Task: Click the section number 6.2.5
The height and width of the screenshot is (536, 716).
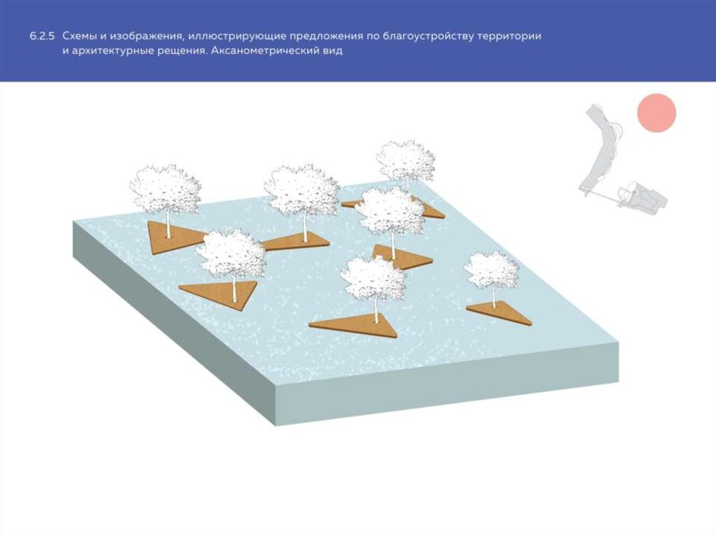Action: pyautogui.click(x=43, y=36)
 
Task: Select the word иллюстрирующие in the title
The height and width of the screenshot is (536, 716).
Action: pyautogui.click(x=236, y=36)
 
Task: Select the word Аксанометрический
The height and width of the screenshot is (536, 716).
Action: pyautogui.click(x=264, y=51)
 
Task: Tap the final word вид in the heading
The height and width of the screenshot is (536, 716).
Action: pyautogui.click(x=332, y=51)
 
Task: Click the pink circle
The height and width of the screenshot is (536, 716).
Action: pyautogui.click(x=657, y=113)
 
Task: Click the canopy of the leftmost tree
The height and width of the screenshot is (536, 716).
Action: pyautogui.click(x=165, y=188)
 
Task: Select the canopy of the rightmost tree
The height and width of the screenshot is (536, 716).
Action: pyautogui.click(x=492, y=270)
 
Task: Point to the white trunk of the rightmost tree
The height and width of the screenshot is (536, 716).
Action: pyautogui.click(x=494, y=297)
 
